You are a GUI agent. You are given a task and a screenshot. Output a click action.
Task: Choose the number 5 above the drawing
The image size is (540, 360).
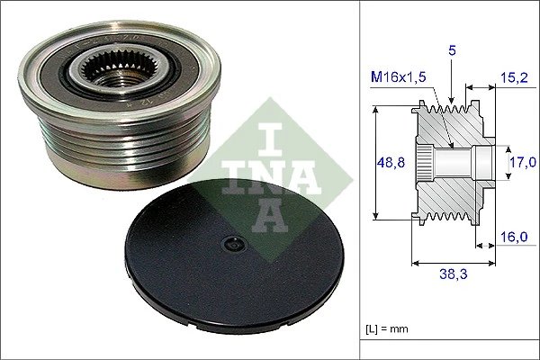453,52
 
